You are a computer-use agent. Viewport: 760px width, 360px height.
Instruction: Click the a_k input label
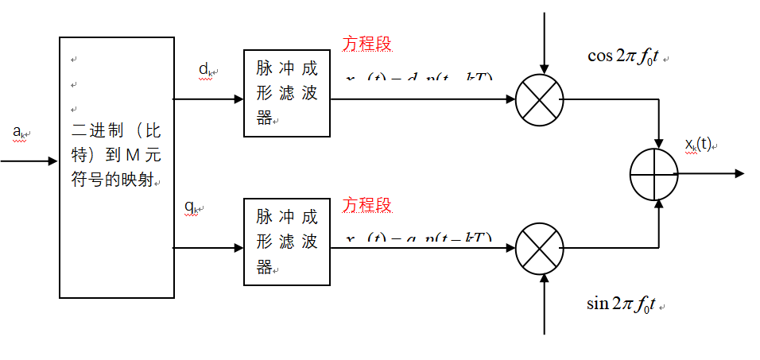[19, 132]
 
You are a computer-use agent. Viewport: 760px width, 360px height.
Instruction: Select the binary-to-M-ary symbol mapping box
[117, 167]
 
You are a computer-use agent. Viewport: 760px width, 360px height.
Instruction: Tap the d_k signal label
[205, 70]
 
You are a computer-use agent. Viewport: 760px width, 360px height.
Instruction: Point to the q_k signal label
[192, 208]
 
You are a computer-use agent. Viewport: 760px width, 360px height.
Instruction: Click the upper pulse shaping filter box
[286, 94]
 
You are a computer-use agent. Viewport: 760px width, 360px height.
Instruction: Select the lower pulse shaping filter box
[286, 242]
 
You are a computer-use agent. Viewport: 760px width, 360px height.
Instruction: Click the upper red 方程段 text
[367, 44]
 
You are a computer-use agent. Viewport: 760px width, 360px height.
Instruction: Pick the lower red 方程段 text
[367, 205]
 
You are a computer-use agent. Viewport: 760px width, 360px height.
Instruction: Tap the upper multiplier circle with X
[540, 101]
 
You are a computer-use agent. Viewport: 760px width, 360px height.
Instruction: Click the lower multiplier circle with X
[540, 249]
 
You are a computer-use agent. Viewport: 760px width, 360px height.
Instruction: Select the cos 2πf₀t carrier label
[622, 56]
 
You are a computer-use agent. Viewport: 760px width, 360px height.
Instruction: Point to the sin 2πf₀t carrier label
[621, 304]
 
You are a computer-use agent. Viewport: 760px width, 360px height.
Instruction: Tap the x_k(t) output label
[700, 144]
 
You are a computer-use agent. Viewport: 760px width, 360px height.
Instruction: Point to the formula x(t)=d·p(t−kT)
[419, 79]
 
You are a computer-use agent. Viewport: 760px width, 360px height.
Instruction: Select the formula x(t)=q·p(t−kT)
[419, 238]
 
